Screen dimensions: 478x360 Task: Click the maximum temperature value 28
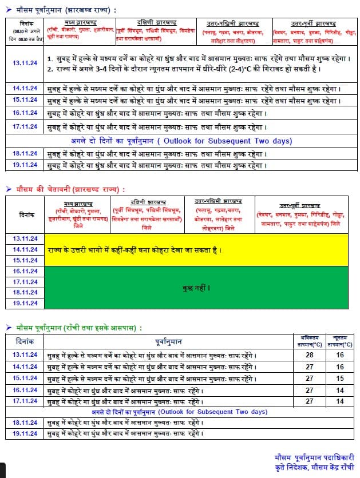pyautogui.click(x=310, y=355)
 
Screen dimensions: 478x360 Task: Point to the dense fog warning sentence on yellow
pyautogui.click(x=134, y=250)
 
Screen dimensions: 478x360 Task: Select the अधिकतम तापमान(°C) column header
pyautogui.click(x=310, y=341)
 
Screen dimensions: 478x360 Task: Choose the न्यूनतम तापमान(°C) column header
pyautogui.click(x=341, y=341)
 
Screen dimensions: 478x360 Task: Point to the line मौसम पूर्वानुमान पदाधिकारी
pyautogui.click(x=314, y=457)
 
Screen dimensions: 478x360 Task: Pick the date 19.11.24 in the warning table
pyautogui.click(x=25, y=303)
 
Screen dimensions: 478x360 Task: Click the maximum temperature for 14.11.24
pyautogui.click(x=310, y=367)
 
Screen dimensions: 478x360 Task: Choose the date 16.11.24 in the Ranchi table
pyautogui.click(x=25, y=389)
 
